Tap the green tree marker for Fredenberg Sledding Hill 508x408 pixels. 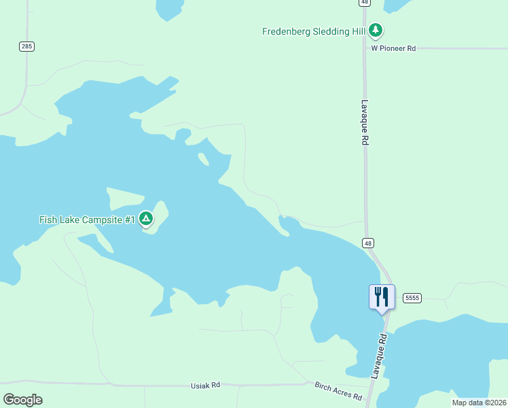click(x=376, y=31)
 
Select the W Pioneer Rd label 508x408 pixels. click(x=393, y=48)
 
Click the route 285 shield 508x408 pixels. click(x=26, y=46)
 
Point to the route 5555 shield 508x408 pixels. click(x=412, y=298)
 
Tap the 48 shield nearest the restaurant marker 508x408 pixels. click(x=367, y=243)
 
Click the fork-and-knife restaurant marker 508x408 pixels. click(x=382, y=296)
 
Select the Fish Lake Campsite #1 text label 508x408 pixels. click(x=87, y=220)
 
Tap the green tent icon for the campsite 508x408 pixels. click(x=145, y=218)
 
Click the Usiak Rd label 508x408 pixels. click(x=206, y=385)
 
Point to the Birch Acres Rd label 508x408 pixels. click(x=338, y=390)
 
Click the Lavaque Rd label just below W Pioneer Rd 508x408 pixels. click(x=365, y=122)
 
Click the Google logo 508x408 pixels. click(x=22, y=399)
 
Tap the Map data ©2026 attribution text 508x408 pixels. click(x=479, y=403)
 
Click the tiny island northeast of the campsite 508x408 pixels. click(x=203, y=159)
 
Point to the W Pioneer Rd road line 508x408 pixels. click(x=462, y=48)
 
